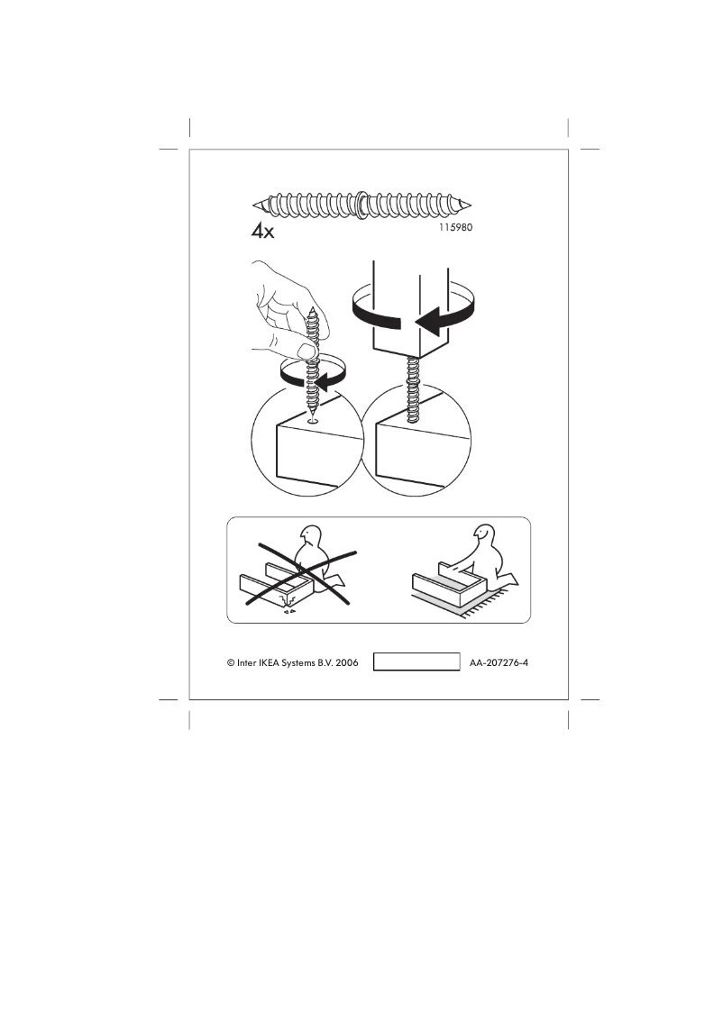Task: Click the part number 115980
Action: pyautogui.click(x=452, y=228)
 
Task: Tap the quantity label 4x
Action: pyautogui.click(x=262, y=232)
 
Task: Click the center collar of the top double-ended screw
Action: pyautogui.click(x=361, y=204)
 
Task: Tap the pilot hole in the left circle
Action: pyautogui.click(x=312, y=420)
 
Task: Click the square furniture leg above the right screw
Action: pyautogui.click(x=410, y=306)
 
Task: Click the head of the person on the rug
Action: pyautogui.click(x=487, y=538)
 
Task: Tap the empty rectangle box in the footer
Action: pyautogui.click(x=416, y=662)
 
